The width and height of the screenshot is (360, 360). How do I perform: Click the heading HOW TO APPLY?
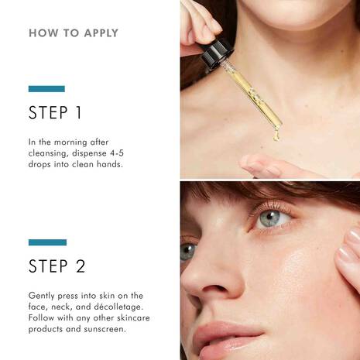tap(74, 34)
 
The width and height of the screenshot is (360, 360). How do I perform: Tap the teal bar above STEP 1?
tap(47, 89)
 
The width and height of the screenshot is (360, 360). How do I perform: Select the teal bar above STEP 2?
tap(47, 242)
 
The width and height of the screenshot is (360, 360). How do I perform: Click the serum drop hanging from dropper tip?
tap(275, 136)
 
